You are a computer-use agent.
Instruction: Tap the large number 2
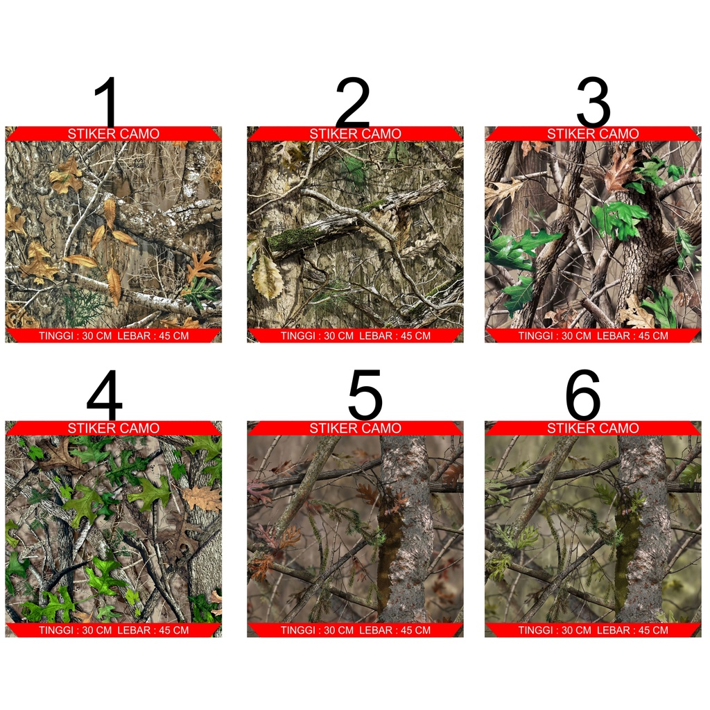tap(352, 102)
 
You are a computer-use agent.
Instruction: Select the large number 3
tap(593, 102)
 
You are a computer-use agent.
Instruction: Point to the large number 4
tap(105, 396)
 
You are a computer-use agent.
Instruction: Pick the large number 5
tap(365, 396)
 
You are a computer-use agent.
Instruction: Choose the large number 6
tap(582, 396)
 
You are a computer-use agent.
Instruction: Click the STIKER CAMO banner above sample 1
tap(113, 134)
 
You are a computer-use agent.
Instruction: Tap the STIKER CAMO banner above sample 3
tap(593, 134)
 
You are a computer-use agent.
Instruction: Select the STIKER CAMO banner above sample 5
tap(355, 428)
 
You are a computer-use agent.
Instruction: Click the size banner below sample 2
tap(355, 336)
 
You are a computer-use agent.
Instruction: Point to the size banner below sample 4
tap(113, 630)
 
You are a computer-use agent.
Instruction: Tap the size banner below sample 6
tap(593, 630)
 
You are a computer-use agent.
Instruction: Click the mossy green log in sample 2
tap(295, 238)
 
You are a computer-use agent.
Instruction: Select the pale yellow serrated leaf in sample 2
tap(268, 277)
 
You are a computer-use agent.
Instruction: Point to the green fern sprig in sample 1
tap(81, 305)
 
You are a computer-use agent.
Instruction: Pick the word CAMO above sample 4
tap(139, 428)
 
